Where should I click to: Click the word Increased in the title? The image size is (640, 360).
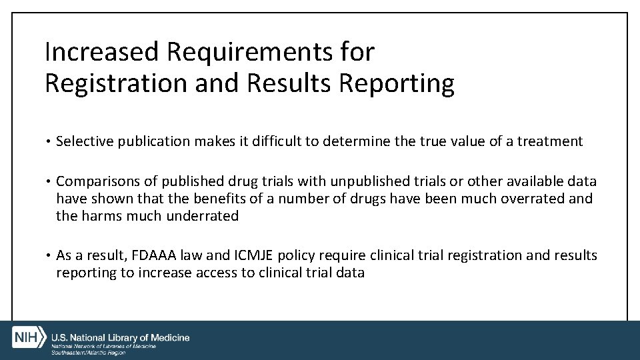pyautogui.click(x=101, y=51)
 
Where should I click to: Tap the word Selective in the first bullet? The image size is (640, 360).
pyautogui.click(x=85, y=141)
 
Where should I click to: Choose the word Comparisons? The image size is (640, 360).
pyautogui.click(x=97, y=182)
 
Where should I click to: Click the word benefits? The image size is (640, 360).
pyautogui.click(x=219, y=199)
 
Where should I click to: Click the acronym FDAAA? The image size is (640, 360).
pyautogui.click(x=153, y=255)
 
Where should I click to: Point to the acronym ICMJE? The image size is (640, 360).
pyautogui.click(x=252, y=255)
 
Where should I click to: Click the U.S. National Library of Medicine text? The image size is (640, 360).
pyautogui.click(x=120, y=338)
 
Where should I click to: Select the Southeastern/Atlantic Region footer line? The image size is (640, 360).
pyautogui.click(x=88, y=352)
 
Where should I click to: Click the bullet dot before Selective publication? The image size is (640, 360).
pyautogui.click(x=48, y=141)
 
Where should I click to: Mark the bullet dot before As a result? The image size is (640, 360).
pyautogui.click(x=48, y=256)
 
